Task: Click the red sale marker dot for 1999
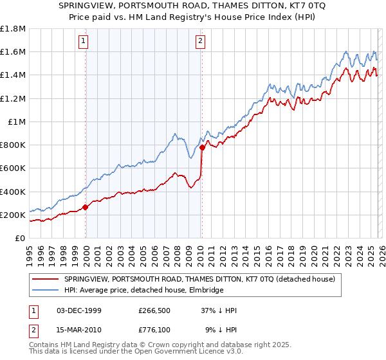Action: click(86, 208)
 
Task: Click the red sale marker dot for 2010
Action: click(202, 147)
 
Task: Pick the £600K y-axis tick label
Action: click(14, 168)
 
